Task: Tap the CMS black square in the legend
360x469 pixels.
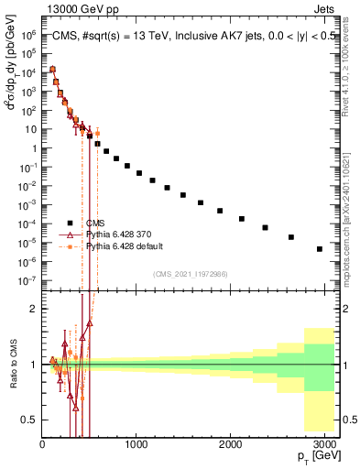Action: [x=69, y=223]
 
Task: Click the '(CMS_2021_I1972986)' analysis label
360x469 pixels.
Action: [x=190, y=273]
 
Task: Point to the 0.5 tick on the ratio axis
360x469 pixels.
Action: [x=29, y=420]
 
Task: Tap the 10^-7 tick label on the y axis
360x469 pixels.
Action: [x=28, y=280]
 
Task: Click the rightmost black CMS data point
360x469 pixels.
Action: [x=320, y=248]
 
